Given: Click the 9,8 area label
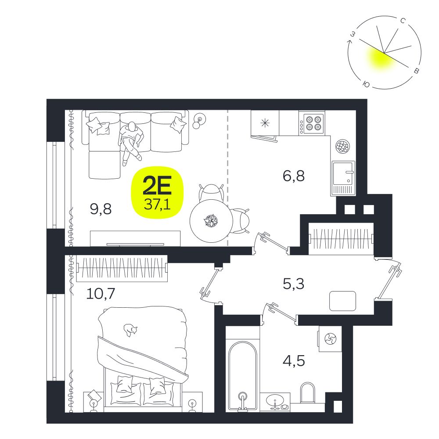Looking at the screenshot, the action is tap(101, 209).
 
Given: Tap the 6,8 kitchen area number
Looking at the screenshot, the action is tap(294, 176).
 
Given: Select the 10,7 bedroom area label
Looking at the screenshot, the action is tap(101, 294).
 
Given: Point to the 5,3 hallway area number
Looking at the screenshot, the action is tap(293, 284).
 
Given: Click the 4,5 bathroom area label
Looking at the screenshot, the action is tap(294, 360).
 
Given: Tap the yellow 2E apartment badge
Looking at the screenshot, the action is tap(157, 193).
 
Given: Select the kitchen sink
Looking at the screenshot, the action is tap(344, 178).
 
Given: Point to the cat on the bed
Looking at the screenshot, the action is tap(130, 330).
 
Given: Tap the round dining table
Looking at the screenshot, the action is tap(212, 221).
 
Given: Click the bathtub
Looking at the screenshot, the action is tap(242, 368).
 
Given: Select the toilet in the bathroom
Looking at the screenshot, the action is tap(307, 392).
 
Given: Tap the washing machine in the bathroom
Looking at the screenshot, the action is tap(330, 339).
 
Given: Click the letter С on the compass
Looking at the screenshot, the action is tap(403, 21).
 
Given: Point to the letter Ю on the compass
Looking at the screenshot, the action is tap(366, 84).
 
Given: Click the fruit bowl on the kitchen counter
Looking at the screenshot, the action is tap(342, 146).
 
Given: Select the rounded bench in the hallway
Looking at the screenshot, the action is tap(343, 301).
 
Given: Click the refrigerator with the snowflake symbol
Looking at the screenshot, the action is tap(265, 123).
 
